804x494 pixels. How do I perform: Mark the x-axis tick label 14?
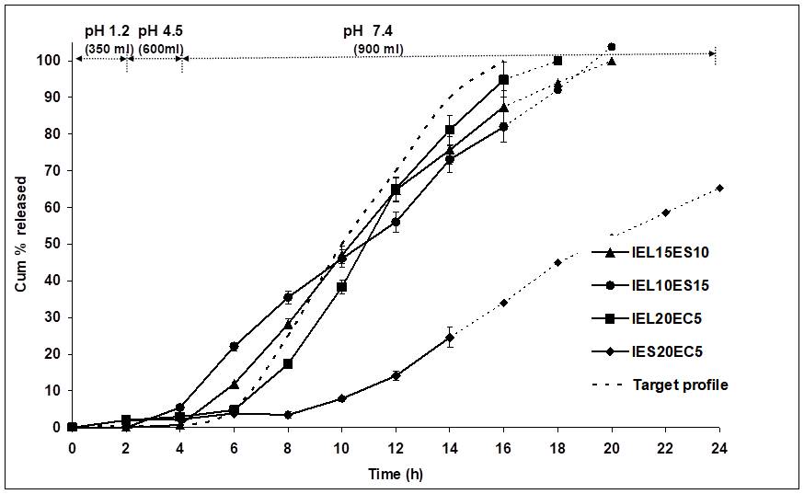449,446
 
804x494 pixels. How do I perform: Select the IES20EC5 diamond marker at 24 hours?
718,189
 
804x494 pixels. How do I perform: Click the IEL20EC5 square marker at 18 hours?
557,61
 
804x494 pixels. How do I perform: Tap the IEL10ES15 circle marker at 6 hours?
234,346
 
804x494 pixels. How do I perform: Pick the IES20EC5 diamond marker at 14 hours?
449,338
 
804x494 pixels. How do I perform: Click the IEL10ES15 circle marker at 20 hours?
612,47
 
